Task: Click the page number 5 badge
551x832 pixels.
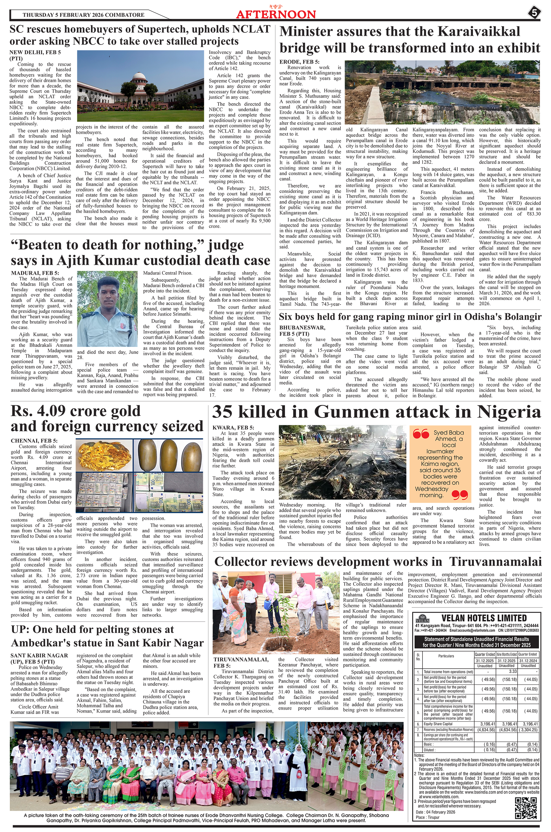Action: pos(534,14)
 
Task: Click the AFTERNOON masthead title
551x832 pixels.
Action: pos(276,14)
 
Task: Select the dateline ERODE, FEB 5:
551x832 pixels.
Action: pos(299,62)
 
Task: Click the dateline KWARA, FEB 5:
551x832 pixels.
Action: pos(233,428)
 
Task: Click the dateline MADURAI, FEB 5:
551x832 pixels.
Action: pos(35,273)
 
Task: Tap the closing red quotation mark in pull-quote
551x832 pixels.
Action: pos(460,495)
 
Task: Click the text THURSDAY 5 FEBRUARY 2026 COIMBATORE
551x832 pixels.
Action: pos(83,15)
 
